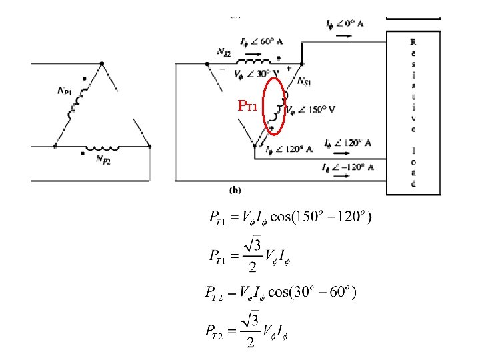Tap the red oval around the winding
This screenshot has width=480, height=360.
275,105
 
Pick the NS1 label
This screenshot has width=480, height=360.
303,81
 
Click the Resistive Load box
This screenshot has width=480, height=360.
413,113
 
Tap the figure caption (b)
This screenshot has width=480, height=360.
235,190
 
